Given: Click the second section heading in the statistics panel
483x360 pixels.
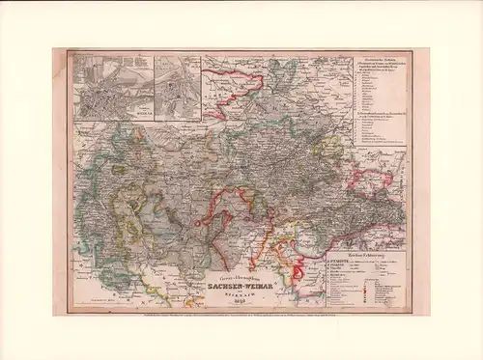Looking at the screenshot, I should [378, 114].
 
